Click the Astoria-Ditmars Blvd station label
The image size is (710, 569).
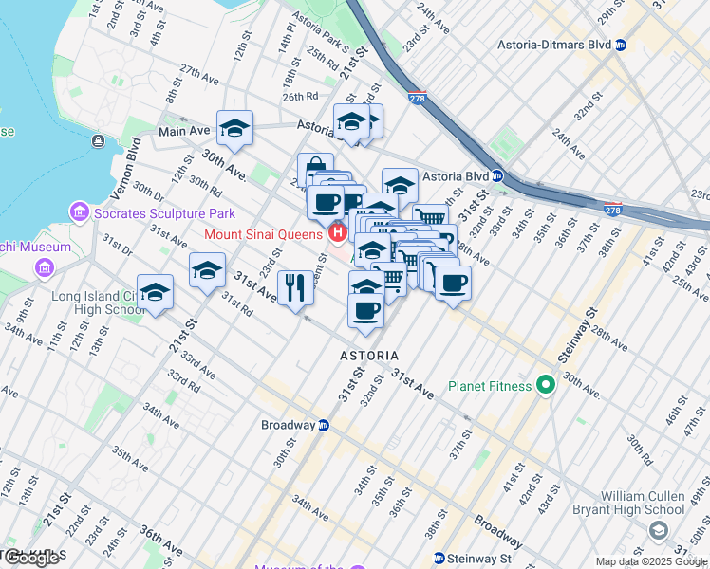[554, 45]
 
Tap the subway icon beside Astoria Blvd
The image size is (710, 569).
[496, 176]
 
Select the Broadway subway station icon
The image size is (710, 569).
[323, 425]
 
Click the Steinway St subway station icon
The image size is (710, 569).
[439, 558]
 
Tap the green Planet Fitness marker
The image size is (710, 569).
[545, 386]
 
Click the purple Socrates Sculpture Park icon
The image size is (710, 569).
[79, 213]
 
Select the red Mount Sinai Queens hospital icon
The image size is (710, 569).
[335, 233]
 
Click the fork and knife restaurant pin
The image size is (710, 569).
[295, 287]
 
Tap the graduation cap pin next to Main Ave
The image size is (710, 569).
[234, 127]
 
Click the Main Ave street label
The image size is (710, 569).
[184, 131]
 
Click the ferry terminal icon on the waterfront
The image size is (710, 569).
[98, 141]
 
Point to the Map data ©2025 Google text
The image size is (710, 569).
[650, 561]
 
